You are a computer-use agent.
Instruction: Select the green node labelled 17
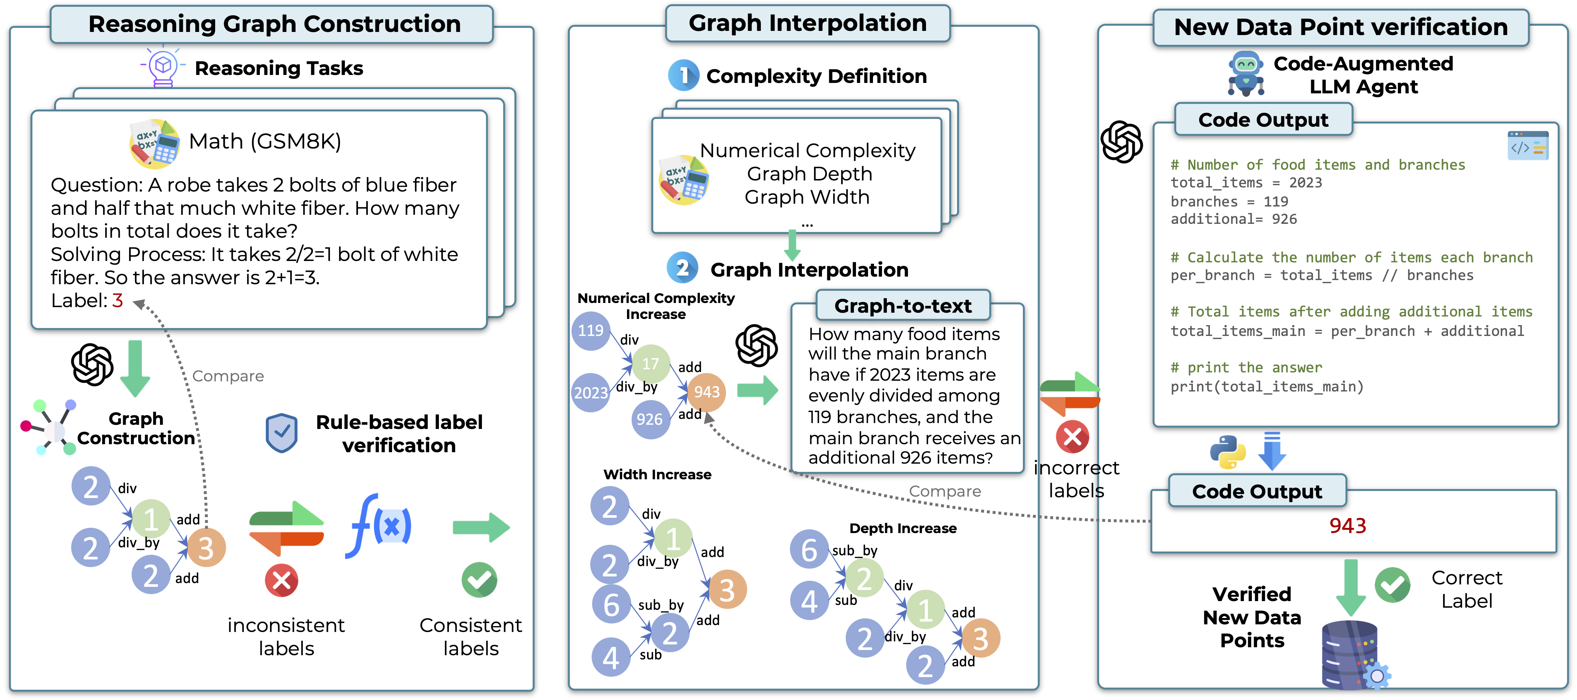650,364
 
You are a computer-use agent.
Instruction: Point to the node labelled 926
650,420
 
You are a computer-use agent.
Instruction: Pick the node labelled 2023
591,393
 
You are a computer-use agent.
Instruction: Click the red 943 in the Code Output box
1347,525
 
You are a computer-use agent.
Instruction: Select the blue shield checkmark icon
282,433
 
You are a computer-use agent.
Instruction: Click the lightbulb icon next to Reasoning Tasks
163,66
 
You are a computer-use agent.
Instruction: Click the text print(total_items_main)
1266,387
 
